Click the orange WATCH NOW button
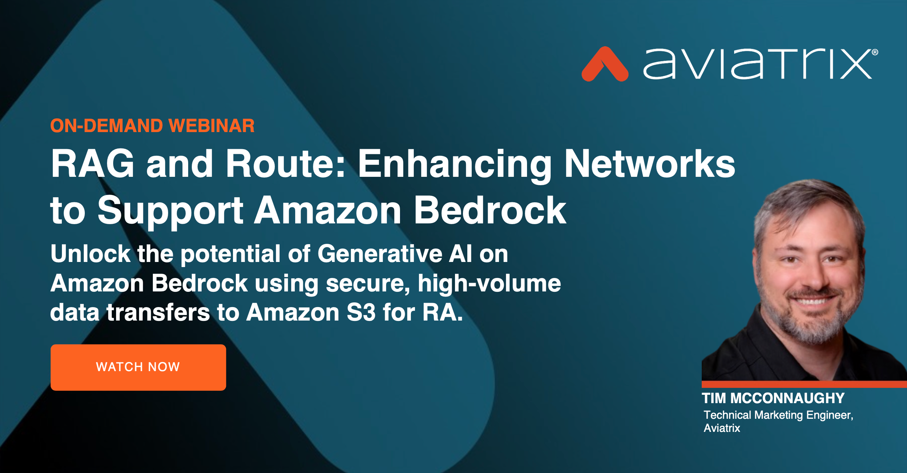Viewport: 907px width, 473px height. pos(138,367)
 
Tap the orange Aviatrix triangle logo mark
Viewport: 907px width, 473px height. pos(605,65)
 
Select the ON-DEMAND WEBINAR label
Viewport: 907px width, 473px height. pos(152,126)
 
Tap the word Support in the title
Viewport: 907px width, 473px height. pos(170,211)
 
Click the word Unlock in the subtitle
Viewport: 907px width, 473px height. pos(90,254)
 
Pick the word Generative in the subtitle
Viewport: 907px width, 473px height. pos(380,254)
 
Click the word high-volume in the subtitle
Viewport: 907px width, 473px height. pos(489,283)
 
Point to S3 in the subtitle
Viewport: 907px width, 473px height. pos(361,313)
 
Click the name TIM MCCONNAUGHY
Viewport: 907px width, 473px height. pos(773,398)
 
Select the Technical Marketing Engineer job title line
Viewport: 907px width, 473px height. pos(778,415)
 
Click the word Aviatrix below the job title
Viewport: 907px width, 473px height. pos(722,428)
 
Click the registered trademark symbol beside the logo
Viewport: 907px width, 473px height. pos(875,52)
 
